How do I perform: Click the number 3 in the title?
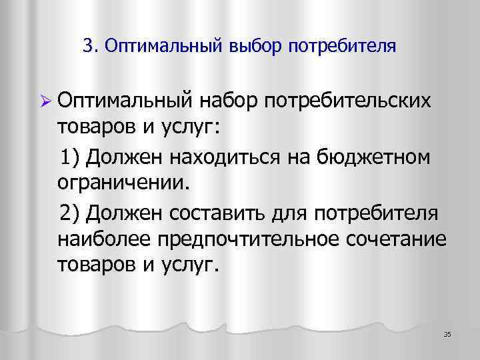pos(89,47)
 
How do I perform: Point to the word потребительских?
pos(348,101)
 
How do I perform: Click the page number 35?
pos(447,333)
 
